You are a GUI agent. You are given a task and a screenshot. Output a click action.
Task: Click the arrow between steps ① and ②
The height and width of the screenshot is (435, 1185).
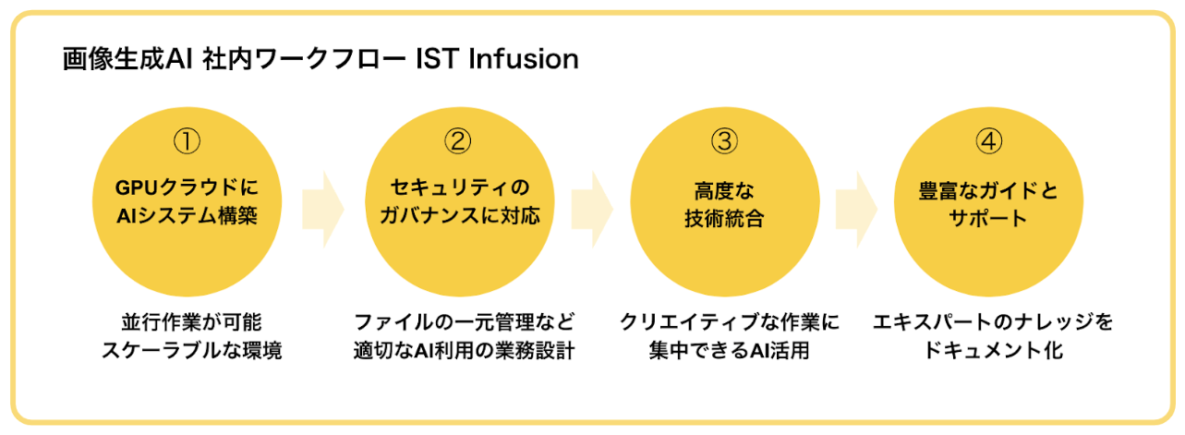click(x=322, y=208)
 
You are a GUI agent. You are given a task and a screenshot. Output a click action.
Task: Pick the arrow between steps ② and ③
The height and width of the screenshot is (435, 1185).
click(x=591, y=208)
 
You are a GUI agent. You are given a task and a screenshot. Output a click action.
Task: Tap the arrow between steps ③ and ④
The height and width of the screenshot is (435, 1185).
click(x=856, y=208)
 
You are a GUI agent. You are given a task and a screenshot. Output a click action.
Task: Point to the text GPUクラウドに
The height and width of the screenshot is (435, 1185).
click(x=187, y=189)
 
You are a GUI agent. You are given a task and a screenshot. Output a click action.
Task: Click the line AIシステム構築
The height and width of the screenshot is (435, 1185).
click(x=187, y=218)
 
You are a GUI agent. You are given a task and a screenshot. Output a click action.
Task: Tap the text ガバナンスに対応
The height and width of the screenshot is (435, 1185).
click(x=458, y=218)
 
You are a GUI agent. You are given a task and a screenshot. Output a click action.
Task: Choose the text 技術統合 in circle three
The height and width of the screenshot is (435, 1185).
click(x=723, y=218)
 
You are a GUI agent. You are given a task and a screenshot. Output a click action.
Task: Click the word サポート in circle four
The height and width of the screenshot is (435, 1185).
click(x=988, y=218)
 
